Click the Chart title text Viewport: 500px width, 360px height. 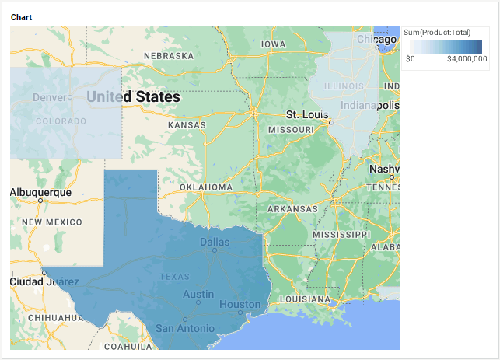click(x=21, y=17)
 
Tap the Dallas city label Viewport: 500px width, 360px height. click(x=215, y=242)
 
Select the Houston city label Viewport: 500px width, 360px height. click(x=240, y=304)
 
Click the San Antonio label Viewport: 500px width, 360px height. click(x=184, y=329)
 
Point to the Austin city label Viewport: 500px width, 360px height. click(x=198, y=294)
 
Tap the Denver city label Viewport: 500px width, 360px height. click(x=50, y=97)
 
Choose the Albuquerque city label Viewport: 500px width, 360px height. click(x=40, y=192)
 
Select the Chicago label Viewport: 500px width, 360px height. click(x=376, y=39)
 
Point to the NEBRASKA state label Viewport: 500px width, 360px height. click(x=168, y=56)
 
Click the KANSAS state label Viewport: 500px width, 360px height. click(x=187, y=125)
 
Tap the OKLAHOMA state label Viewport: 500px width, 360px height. click(x=206, y=187)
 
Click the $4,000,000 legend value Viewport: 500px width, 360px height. click(x=467, y=58)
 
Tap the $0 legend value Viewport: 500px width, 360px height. click(x=411, y=58)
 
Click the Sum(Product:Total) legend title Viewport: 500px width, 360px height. click(x=436, y=32)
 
